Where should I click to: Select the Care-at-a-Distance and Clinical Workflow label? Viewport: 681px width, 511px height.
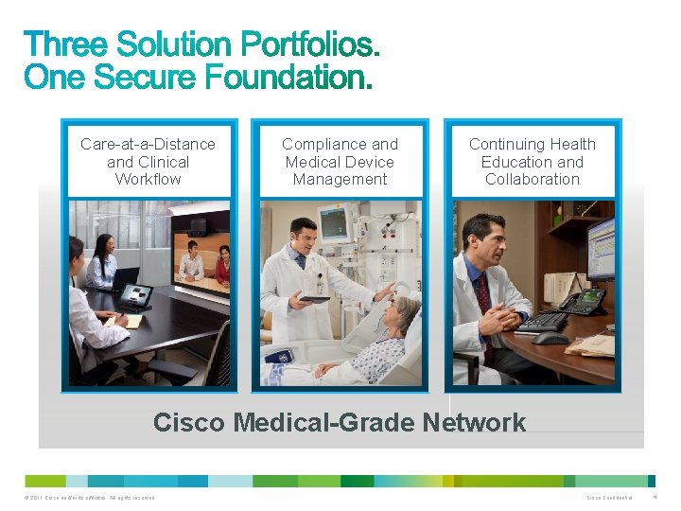click(x=148, y=162)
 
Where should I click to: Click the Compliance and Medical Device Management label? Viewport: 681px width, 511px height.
click(x=340, y=162)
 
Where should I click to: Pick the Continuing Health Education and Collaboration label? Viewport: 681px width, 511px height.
click(x=533, y=162)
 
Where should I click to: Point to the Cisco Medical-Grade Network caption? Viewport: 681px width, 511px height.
click(x=340, y=422)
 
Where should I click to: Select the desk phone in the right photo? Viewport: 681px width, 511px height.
click(x=582, y=302)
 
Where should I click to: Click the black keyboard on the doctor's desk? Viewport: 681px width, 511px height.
click(x=542, y=322)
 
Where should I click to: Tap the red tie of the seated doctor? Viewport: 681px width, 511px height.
click(x=484, y=303)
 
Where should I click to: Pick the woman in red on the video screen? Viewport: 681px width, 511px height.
click(x=222, y=264)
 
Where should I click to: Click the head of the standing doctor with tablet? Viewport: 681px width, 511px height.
click(x=303, y=235)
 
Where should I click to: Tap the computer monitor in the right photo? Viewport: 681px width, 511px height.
click(x=602, y=248)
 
